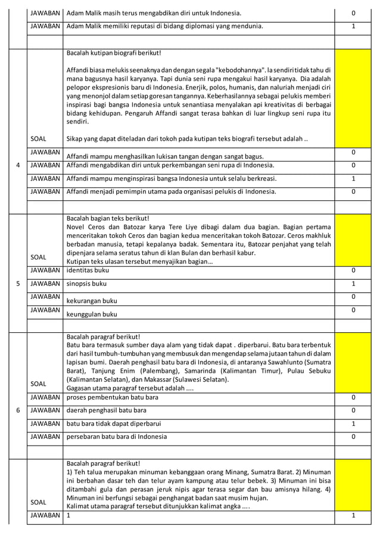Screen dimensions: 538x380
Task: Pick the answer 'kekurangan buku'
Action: tap(92, 301)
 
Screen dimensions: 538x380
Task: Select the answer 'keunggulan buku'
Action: tap(92, 314)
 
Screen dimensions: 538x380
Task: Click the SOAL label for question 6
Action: tap(38, 384)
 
